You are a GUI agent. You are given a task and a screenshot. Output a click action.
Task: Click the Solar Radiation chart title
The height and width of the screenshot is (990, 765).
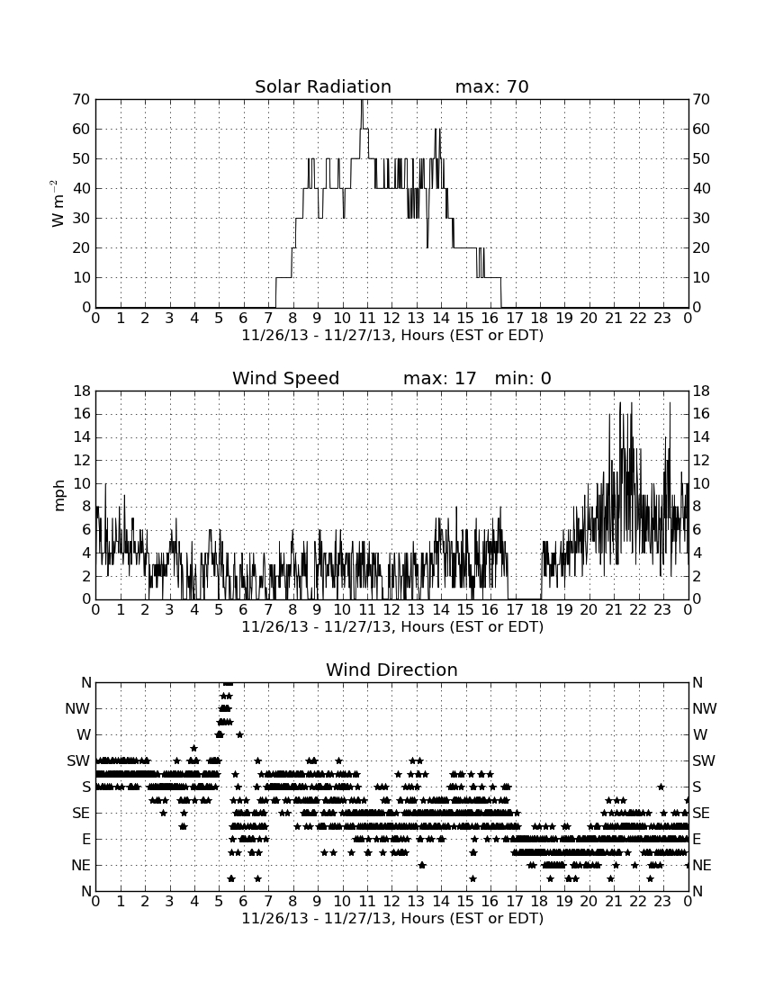click(x=322, y=86)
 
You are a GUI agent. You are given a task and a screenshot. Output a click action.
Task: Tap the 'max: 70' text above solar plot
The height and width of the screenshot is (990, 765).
click(x=491, y=86)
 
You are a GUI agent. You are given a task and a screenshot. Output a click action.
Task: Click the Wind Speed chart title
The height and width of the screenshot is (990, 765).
click(x=285, y=378)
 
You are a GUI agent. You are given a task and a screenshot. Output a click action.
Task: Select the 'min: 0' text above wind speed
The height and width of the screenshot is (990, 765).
click(x=523, y=378)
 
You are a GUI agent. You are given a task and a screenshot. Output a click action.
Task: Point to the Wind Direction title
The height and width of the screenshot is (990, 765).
click(x=391, y=670)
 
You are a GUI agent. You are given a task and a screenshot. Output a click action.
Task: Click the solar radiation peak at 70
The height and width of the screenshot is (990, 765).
click(x=362, y=101)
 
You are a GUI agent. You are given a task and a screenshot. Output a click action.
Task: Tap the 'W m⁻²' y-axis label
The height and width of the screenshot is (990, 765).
click(x=58, y=203)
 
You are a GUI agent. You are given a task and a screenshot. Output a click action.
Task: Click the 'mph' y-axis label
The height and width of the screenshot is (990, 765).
click(x=59, y=496)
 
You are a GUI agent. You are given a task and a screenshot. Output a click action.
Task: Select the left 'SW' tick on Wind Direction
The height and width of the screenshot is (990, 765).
click(x=78, y=760)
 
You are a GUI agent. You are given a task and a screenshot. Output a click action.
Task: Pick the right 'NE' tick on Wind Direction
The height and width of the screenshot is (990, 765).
click(x=702, y=865)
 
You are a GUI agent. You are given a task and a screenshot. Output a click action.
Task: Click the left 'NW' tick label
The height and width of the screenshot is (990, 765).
click(x=77, y=709)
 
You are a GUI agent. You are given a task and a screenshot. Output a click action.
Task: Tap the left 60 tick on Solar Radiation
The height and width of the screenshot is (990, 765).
click(x=82, y=129)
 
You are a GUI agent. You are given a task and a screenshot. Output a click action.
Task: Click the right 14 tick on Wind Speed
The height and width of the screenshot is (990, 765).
click(x=701, y=436)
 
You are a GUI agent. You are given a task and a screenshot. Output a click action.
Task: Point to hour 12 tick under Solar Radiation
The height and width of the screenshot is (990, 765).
click(x=391, y=318)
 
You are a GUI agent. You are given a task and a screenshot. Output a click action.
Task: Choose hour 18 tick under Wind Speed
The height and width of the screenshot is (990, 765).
click(x=539, y=609)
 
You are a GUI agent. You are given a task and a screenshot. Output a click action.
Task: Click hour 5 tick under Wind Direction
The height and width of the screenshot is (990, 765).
click(x=219, y=901)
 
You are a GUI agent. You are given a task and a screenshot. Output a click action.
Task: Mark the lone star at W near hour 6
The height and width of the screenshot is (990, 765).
click(x=240, y=734)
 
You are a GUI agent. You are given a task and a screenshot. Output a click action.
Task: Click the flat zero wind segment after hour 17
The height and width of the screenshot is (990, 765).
click(x=525, y=598)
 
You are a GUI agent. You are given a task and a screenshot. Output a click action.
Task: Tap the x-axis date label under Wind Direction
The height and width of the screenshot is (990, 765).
click(x=392, y=918)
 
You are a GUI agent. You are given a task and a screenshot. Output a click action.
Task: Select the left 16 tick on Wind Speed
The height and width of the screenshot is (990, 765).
click(x=82, y=414)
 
